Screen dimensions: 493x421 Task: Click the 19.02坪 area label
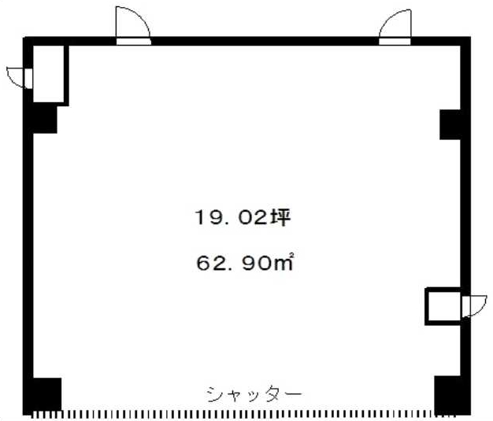click(243, 217)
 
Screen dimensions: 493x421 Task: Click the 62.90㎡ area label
click(245, 262)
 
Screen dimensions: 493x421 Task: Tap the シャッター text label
click(254, 394)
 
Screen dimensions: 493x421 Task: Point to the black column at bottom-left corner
click(47, 393)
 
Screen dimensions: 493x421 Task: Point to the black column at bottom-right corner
click(448, 394)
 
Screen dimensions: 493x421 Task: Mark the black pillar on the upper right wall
click(450, 125)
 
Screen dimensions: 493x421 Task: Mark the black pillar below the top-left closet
click(45, 120)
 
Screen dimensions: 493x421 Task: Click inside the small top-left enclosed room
click(48, 74)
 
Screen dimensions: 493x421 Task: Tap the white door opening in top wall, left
click(133, 42)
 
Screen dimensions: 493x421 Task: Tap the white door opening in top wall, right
click(395, 42)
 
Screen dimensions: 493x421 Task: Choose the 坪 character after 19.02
click(280, 217)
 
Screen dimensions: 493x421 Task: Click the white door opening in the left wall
click(28, 79)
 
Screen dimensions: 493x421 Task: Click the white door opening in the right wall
click(465, 306)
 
